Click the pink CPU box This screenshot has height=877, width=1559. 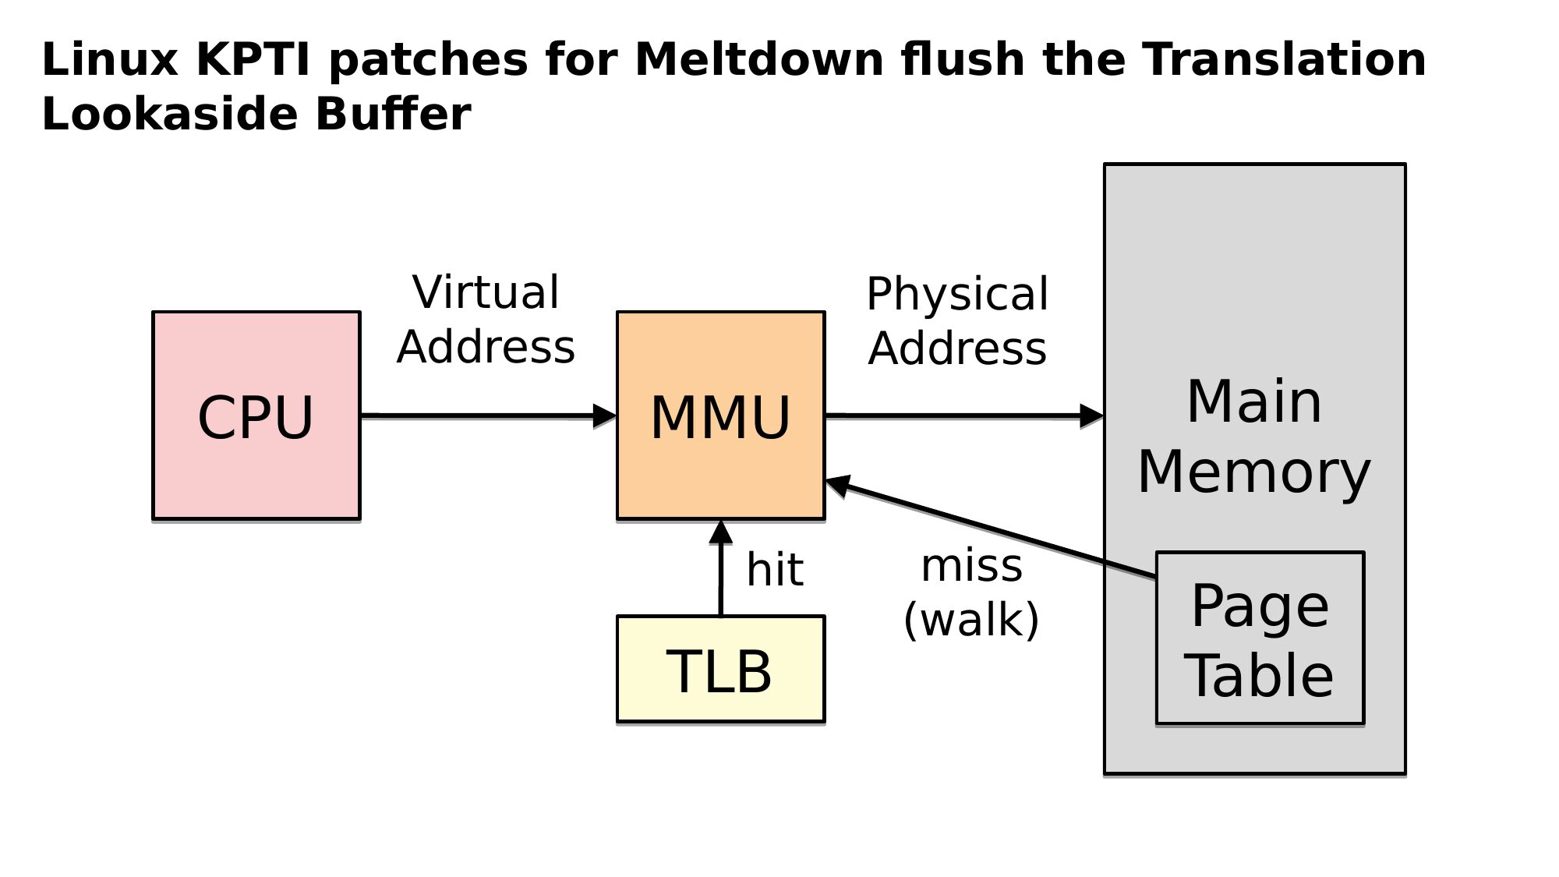tap(256, 416)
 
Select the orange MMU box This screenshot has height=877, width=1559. tap(720, 416)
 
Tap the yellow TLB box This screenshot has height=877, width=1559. tap(720, 670)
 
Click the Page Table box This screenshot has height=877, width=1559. tap(1260, 638)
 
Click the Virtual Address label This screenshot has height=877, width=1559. tap(486, 320)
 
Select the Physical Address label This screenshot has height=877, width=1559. tap(957, 320)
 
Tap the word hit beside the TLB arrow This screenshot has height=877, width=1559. tap(774, 570)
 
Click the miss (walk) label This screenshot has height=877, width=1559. tap(971, 592)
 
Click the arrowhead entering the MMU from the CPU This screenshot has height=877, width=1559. tap(605, 416)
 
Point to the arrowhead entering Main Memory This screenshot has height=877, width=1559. tap(1091, 416)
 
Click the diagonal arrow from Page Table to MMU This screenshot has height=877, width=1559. tap(990, 530)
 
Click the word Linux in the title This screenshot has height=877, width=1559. tap(110, 59)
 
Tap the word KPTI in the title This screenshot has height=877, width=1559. tap(253, 59)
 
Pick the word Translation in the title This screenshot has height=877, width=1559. tap(1284, 59)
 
